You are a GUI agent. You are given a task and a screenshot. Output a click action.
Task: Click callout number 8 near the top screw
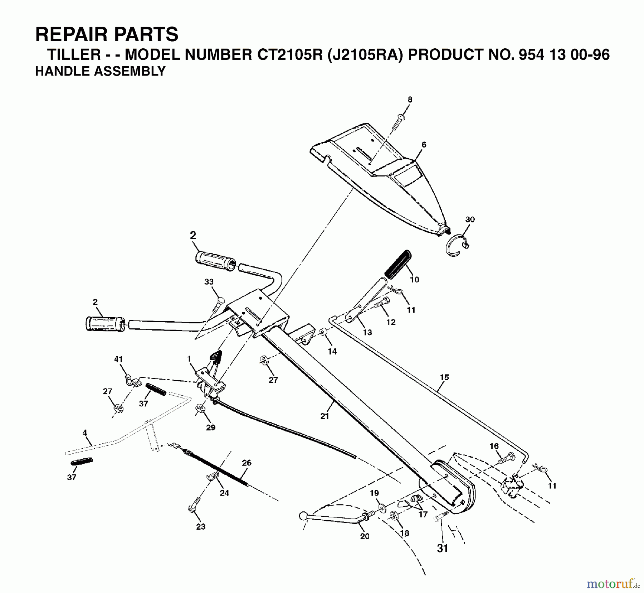coord(410,100)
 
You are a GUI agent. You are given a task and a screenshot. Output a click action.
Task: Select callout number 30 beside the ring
coord(470,220)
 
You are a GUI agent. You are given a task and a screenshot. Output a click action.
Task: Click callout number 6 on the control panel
coord(424,145)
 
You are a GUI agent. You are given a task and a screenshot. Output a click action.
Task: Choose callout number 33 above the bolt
coord(209,282)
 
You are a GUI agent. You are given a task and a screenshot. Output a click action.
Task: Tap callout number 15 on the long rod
coord(444,377)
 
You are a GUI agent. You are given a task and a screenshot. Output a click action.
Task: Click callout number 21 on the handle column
coord(325,416)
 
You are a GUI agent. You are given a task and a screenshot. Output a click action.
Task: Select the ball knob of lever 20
coord(302,516)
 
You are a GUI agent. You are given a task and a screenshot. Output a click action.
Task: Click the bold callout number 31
coord(443,548)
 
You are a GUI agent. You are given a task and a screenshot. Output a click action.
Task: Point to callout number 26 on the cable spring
coord(247,463)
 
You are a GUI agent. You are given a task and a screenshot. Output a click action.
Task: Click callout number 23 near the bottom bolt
coord(201,526)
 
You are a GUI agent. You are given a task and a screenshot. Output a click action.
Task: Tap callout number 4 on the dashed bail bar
coord(85,433)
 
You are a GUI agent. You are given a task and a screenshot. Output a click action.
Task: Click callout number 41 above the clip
coord(118,359)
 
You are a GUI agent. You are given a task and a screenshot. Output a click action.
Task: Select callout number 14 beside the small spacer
coord(332,351)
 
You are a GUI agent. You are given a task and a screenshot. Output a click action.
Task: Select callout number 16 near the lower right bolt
coord(494,446)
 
